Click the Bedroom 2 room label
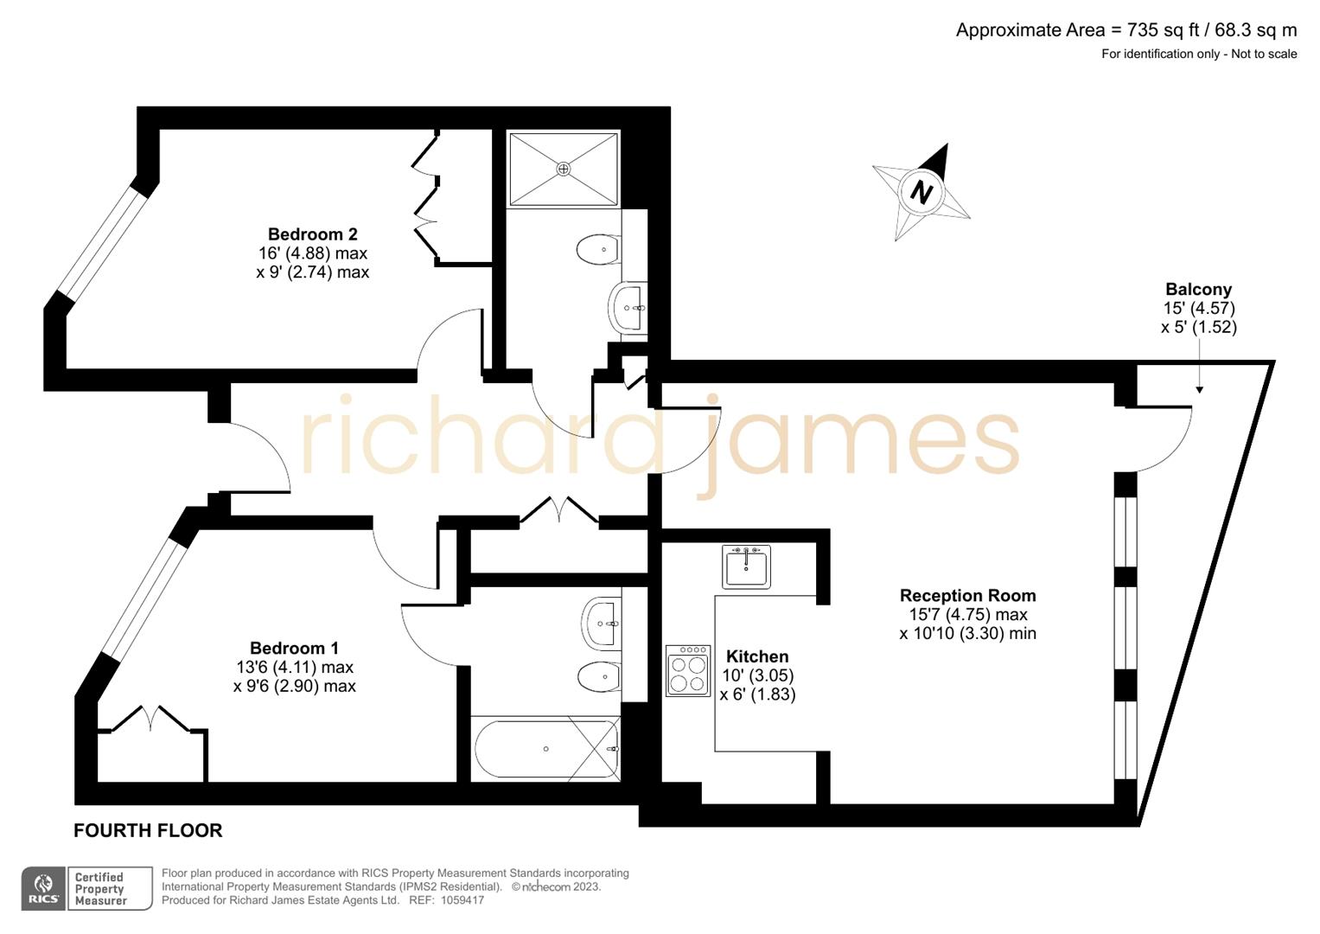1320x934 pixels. (x=312, y=234)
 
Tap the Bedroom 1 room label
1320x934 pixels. (x=294, y=648)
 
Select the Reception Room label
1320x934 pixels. (x=967, y=595)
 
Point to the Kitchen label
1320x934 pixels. (x=757, y=656)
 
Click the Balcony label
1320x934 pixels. (x=1198, y=290)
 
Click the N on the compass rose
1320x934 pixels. (x=921, y=191)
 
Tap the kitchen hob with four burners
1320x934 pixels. (x=688, y=670)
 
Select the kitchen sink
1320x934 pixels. (x=746, y=566)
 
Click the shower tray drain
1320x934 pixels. (x=564, y=169)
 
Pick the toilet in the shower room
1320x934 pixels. (x=598, y=250)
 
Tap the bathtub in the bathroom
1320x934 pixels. (x=546, y=749)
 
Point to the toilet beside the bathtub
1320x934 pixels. (x=599, y=676)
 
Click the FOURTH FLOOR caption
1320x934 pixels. (x=148, y=830)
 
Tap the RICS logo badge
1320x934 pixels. (x=43, y=889)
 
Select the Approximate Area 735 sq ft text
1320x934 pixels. (x=1126, y=30)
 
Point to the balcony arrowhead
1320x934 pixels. (x=1199, y=390)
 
